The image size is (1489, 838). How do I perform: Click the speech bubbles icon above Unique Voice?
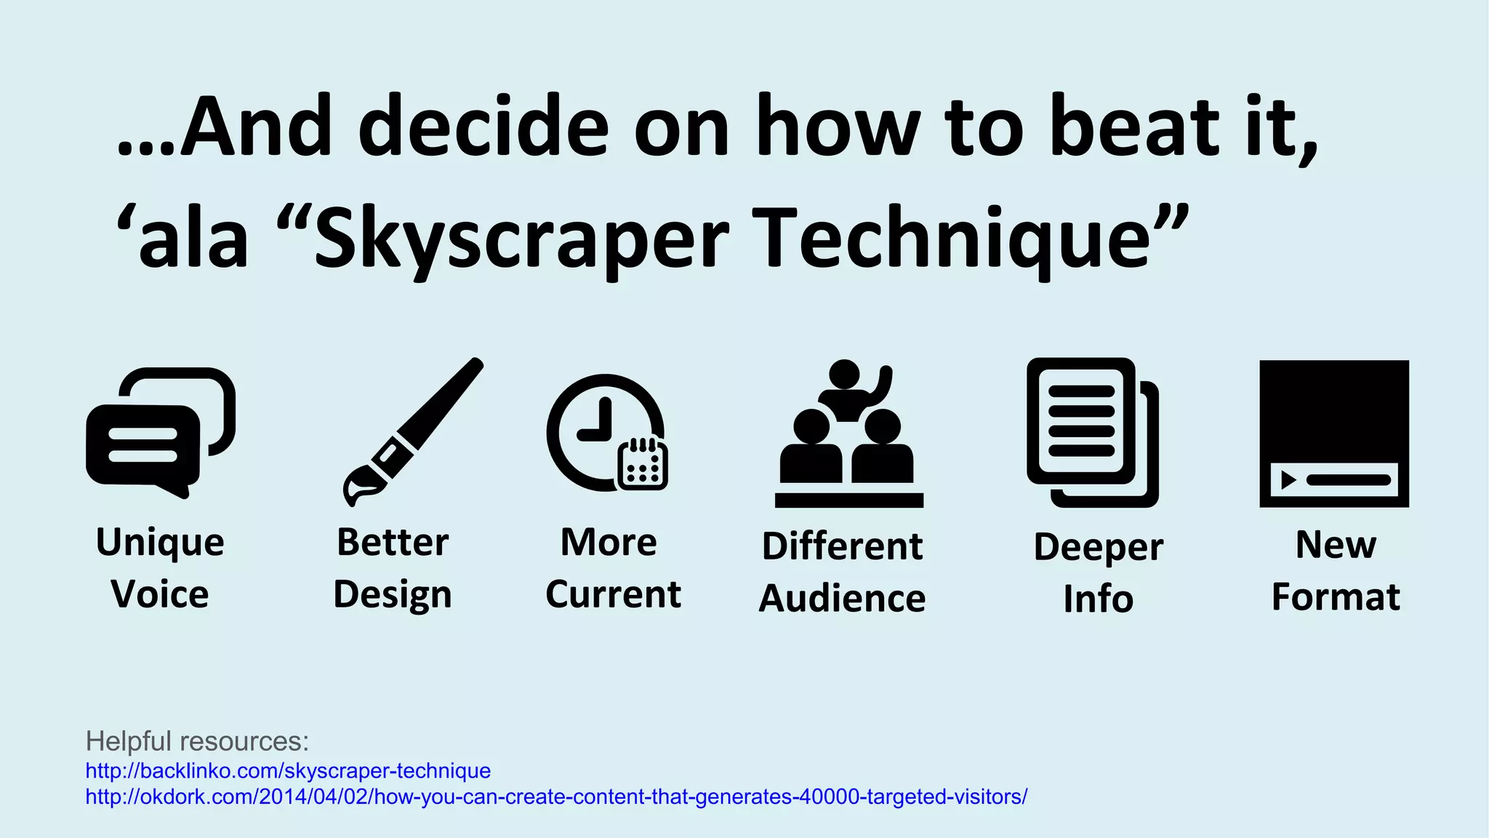tap(160, 433)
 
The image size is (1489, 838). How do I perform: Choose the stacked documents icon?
tap(1091, 432)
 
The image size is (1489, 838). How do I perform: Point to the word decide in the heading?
tap(483, 127)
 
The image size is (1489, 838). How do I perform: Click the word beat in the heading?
tap(1134, 127)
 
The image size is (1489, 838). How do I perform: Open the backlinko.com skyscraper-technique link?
tap(288, 770)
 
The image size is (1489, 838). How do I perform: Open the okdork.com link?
tap(556, 797)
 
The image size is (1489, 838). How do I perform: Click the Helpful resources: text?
tap(197, 741)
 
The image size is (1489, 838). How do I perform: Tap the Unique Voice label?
tap(160, 568)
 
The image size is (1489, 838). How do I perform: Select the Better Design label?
tap(393, 568)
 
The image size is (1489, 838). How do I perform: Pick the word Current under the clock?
tap(613, 594)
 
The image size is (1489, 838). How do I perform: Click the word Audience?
tap(842, 598)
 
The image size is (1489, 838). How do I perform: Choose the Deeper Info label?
tap(1098, 572)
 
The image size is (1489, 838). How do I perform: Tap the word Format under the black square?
tap(1336, 596)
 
